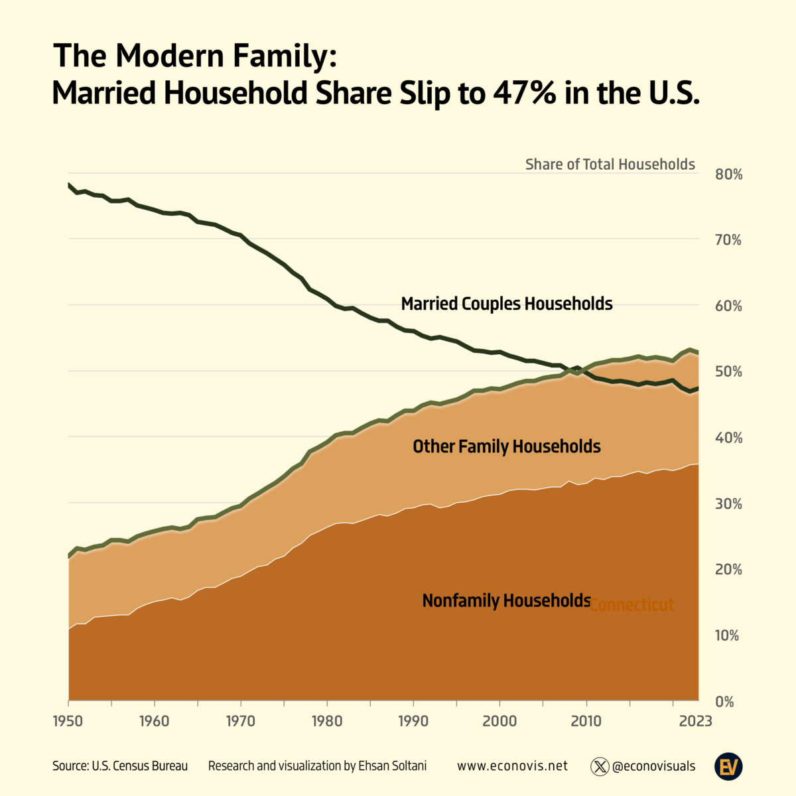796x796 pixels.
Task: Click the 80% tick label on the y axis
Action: click(x=728, y=175)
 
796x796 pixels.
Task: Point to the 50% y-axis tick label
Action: click(x=728, y=372)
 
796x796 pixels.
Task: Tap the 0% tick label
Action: click(x=724, y=702)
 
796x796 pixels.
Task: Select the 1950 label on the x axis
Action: click(x=69, y=721)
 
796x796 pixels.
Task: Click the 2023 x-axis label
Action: click(x=695, y=721)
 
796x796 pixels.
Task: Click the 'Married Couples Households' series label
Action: click(x=507, y=304)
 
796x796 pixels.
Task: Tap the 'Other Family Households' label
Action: click(x=507, y=446)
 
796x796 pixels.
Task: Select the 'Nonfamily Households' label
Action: click(x=506, y=601)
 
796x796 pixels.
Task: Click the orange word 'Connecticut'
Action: click(x=631, y=605)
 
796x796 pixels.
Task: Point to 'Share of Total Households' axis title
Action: click(x=610, y=165)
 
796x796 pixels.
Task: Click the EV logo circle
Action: click(x=728, y=767)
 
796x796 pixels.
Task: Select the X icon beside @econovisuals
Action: click(x=600, y=767)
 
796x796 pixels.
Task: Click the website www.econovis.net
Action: click(x=512, y=766)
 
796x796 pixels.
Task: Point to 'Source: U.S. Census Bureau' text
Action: click(x=120, y=766)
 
